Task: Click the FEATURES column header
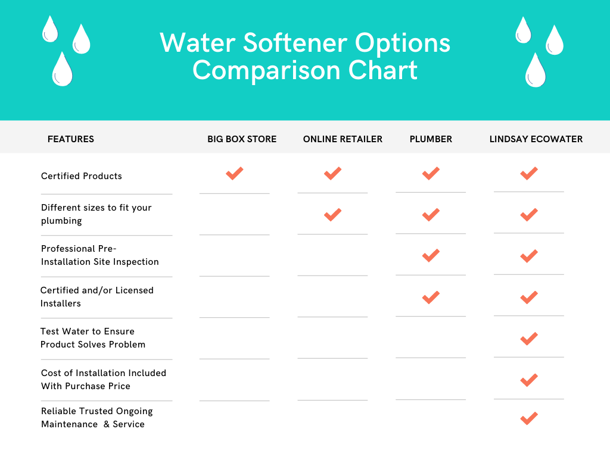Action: click(x=71, y=139)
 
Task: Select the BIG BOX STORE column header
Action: click(x=242, y=139)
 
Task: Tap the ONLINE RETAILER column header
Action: click(x=343, y=139)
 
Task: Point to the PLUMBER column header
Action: click(x=431, y=139)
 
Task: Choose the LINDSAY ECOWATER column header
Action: click(x=536, y=139)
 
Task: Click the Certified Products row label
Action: click(x=81, y=176)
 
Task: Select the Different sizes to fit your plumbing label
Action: click(x=96, y=214)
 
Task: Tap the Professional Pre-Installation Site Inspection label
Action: click(x=99, y=255)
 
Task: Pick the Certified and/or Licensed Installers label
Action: click(x=97, y=297)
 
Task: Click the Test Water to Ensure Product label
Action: click(x=93, y=338)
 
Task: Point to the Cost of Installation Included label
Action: click(x=104, y=379)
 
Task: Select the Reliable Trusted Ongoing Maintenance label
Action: click(x=97, y=417)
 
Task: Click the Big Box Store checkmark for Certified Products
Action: click(x=235, y=173)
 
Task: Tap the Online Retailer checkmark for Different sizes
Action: click(x=332, y=215)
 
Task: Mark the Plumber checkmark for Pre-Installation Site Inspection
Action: click(x=431, y=256)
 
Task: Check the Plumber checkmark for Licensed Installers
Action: click(x=431, y=298)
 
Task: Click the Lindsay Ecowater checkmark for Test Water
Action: click(x=529, y=339)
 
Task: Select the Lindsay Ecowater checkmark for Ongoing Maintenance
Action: click(x=529, y=418)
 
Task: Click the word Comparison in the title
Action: click(x=267, y=70)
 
